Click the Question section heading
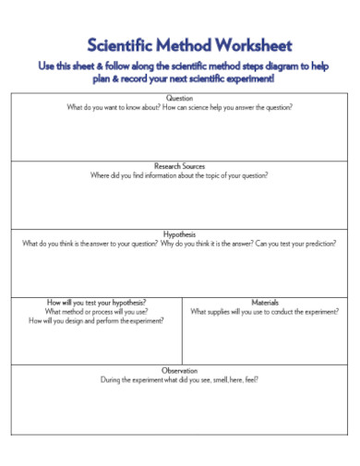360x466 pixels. click(x=179, y=99)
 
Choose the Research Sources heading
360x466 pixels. click(x=179, y=166)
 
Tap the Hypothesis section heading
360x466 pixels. click(x=179, y=234)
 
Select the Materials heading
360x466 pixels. click(x=265, y=302)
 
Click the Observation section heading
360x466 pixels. click(x=179, y=370)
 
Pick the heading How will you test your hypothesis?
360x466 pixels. click(x=97, y=302)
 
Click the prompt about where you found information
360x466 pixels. click(x=179, y=175)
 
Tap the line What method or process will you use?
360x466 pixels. click(x=97, y=312)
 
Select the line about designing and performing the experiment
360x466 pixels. click(x=97, y=321)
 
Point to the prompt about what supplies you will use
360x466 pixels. click(x=265, y=312)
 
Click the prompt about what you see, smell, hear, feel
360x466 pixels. click(x=179, y=379)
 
